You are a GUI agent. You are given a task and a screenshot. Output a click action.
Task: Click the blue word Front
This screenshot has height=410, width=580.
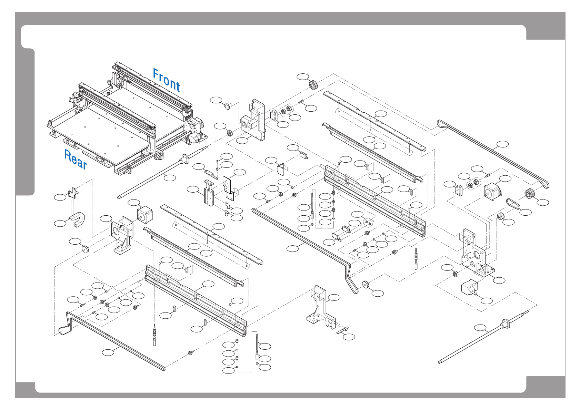click(166, 80)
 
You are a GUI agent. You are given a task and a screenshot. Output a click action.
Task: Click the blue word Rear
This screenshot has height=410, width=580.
click(76, 159)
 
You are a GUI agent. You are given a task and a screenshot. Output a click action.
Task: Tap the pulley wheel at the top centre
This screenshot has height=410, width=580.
click(313, 84)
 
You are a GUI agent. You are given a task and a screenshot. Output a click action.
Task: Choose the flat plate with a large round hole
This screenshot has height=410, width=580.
click(228, 188)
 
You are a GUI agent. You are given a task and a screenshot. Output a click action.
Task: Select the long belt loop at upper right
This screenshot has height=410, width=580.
click(493, 152)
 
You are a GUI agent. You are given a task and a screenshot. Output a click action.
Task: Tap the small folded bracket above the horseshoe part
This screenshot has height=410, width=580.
click(73, 193)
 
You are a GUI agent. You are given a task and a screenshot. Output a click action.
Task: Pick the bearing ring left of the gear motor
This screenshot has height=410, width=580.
click(456, 274)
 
